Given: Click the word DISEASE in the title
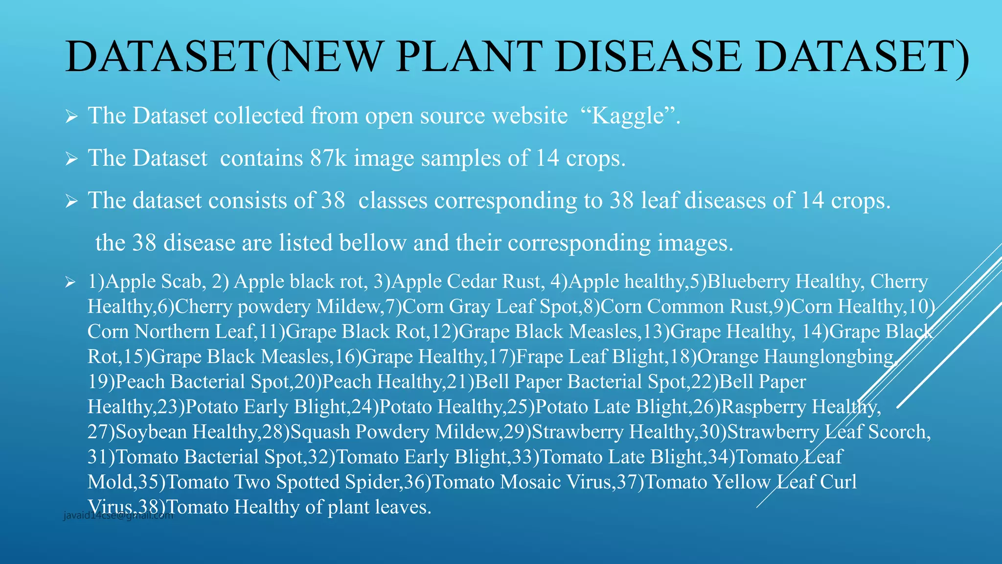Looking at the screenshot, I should (x=649, y=57).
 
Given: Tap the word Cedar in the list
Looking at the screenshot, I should (x=471, y=282).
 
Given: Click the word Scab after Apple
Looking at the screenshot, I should (x=181, y=282).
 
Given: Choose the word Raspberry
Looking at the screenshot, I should (x=764, y=407).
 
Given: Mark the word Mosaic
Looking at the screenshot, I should (x=530, y=482).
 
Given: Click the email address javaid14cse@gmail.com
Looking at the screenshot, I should (x=118, y=516).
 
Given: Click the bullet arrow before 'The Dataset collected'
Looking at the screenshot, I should (x=71, y=117).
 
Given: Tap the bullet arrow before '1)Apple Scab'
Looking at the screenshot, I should (x=71, y=282).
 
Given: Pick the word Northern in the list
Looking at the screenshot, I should (x=172, y=331).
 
